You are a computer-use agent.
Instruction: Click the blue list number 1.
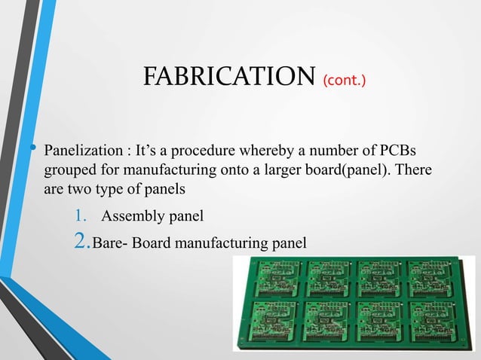tap(80, 218)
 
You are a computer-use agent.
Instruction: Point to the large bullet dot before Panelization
tap(33, 145)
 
